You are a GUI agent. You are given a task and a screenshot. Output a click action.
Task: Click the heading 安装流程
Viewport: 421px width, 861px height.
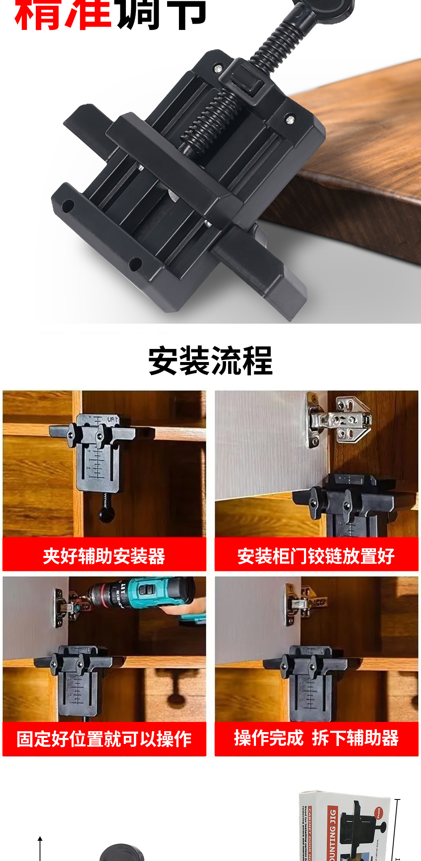[x=210, y=361]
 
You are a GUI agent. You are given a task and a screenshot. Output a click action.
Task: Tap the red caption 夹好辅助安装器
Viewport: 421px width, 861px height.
[x=104, y=556]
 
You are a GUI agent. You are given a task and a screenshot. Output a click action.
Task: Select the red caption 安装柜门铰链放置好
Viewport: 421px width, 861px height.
[x=316, y=556]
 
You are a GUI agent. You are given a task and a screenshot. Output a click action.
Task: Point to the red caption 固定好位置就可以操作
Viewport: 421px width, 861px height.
[x=104, y=739]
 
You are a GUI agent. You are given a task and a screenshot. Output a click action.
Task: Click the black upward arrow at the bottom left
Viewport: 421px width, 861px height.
[x=40, y=847]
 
